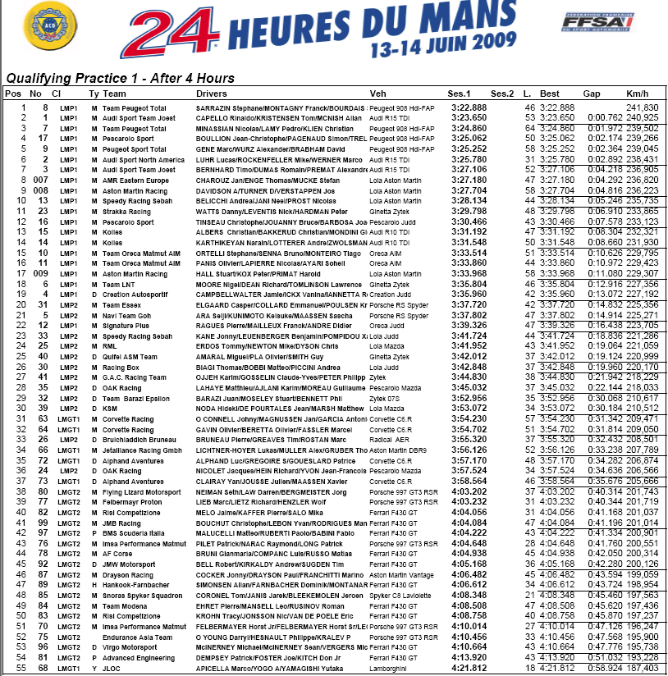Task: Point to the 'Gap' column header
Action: click(x=592, y=94)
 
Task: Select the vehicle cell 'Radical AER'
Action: click(x=391, y=438)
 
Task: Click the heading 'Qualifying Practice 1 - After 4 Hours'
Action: click(x=120, y=79)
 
